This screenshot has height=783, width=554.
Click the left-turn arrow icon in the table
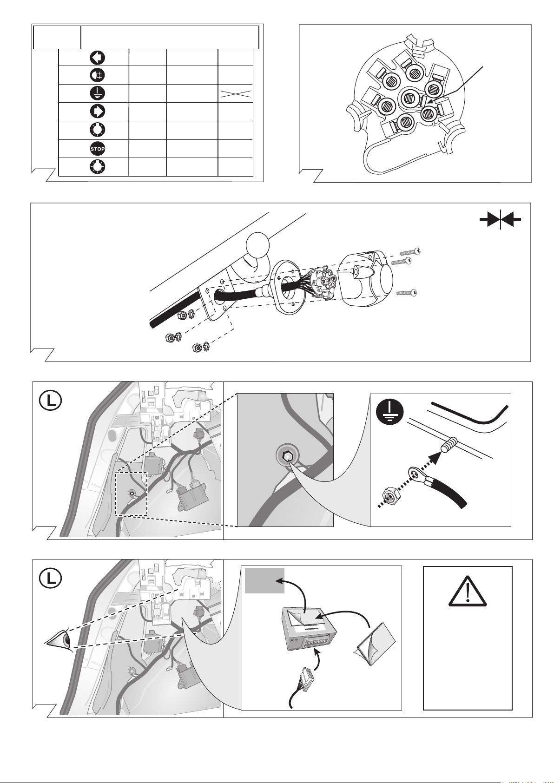97,58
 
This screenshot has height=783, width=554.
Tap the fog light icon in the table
97,75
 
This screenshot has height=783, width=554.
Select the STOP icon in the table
97,149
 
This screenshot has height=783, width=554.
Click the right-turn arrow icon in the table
97,112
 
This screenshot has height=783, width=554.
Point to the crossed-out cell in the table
236,93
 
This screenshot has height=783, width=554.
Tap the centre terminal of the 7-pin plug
408,97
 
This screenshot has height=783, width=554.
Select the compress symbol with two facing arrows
500,219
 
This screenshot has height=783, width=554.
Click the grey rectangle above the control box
264,580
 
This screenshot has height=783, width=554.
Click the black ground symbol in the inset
390,411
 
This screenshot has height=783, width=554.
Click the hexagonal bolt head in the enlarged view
287,457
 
